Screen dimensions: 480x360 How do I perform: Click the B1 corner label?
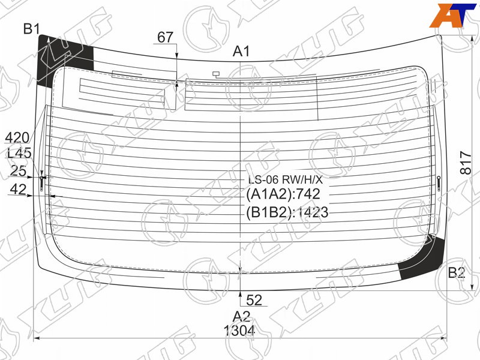(32, 29)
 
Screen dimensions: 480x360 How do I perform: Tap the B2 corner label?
(457, 272)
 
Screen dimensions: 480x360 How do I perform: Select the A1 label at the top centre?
(241, 52)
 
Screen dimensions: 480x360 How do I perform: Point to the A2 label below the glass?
(241, 316)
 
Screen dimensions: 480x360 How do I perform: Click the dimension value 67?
(166, 37)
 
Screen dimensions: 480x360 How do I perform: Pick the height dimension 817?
(466, 163)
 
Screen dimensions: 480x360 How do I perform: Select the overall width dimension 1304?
(239, 331)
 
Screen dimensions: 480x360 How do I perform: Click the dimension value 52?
(254, 300)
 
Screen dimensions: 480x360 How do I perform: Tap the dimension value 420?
(17, 138)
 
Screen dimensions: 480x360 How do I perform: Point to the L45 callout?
(19, 153)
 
